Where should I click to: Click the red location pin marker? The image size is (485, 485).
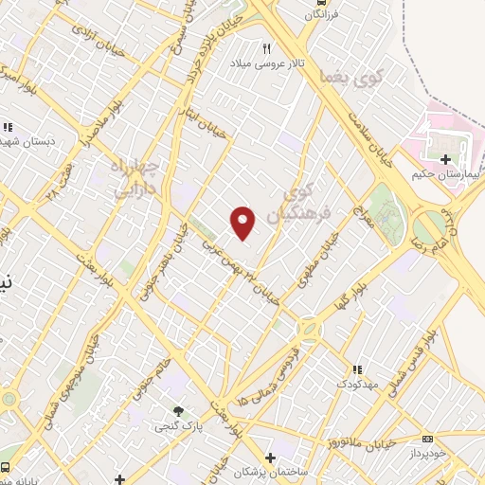coord(243,222)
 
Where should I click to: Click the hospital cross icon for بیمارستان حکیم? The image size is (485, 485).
coord(446,159)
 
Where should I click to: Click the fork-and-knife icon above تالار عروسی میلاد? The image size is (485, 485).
coord(268,49)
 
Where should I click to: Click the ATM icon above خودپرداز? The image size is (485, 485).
coord(428,439)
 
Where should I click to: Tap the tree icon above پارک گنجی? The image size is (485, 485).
coord(178,412)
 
